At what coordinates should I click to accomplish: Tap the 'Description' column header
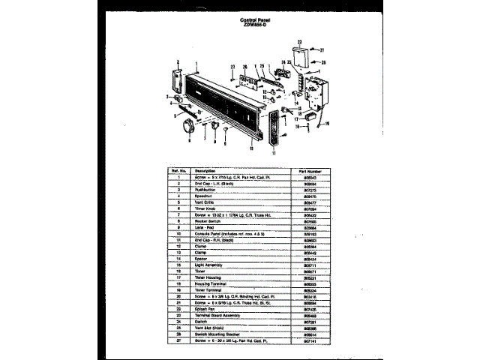coord(205,170)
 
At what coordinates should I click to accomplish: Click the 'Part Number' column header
coord(310,170)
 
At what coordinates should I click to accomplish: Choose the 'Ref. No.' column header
coord(179,170)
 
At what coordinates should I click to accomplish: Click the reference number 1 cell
coord(179,177)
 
